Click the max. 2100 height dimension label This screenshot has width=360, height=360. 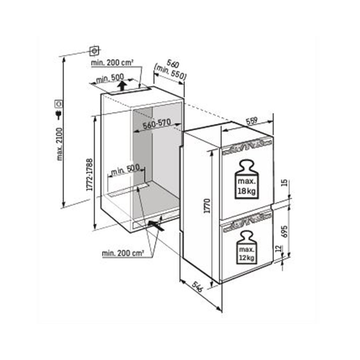[60, 144]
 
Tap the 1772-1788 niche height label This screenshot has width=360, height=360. [90, 175]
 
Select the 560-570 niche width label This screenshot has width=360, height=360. [156, 125]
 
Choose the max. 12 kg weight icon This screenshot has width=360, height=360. [247, 246]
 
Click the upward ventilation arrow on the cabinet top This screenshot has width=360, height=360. [122, 86]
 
